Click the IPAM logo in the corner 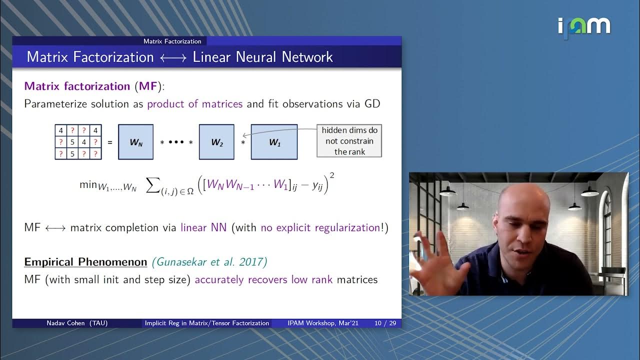(584, 26)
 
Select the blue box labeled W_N (135, 142)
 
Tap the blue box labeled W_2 (216, 142)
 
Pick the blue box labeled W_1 (274, 142)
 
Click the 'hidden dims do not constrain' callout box (349, 140)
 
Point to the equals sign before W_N (110, 142)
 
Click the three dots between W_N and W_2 (176, 142)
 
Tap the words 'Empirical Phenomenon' (85, 262)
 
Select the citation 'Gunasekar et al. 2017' (210, 262)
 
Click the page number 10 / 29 (385, 323)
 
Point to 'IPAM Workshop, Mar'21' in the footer (323, 323)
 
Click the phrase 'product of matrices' (194, 104)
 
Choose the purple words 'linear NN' (203, 227)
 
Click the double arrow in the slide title (173, 57)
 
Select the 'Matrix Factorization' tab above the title (172, 41)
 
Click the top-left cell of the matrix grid (61, 130)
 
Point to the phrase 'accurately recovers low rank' (263, 279)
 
